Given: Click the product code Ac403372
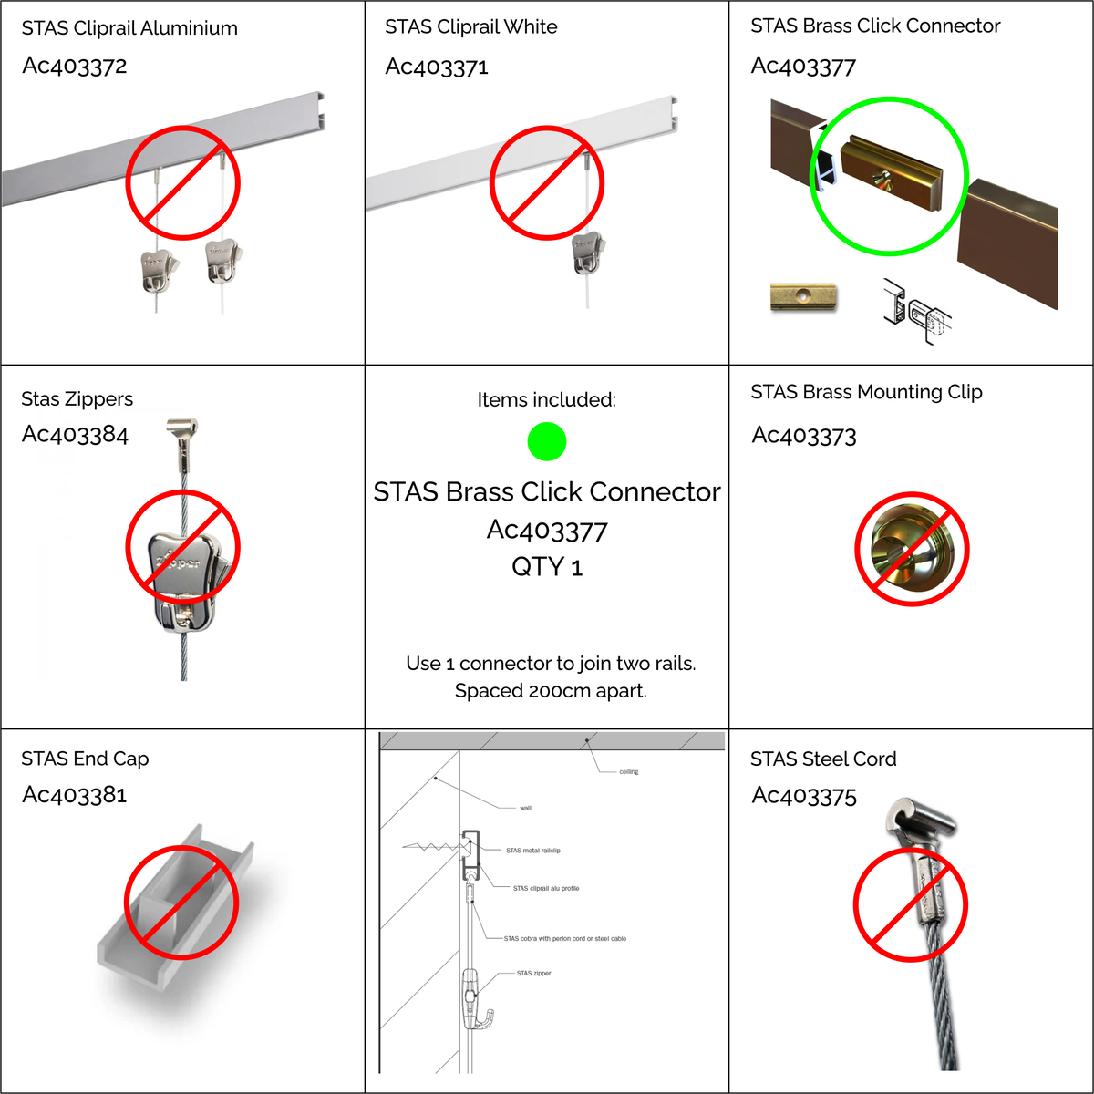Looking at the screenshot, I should point(75,66).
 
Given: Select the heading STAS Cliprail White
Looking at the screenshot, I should point(470,26).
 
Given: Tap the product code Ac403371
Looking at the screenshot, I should point(437,67).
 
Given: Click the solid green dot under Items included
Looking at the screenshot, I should point(547,442).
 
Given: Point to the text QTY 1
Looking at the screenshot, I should point(547,567).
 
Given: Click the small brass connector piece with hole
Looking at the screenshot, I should point(803,297).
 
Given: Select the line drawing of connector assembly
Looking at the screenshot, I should point(916,313).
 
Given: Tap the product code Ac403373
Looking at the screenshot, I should point(804,436).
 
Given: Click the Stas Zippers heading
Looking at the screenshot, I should point(77,398).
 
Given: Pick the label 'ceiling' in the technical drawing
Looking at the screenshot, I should point(628,772).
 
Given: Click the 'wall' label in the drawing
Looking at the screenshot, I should point(525,808).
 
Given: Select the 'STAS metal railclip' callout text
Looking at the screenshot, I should point(532,851).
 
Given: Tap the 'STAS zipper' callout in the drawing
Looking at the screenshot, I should point(533,974).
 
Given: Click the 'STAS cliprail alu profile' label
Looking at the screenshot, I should point(545,888).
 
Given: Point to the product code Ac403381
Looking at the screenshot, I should point(75,795).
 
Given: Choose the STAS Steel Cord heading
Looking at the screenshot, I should point(822,759).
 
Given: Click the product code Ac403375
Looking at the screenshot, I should point(804,796).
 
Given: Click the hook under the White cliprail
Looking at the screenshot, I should point(588,253).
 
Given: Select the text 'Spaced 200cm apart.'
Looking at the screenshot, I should point(551,691).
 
